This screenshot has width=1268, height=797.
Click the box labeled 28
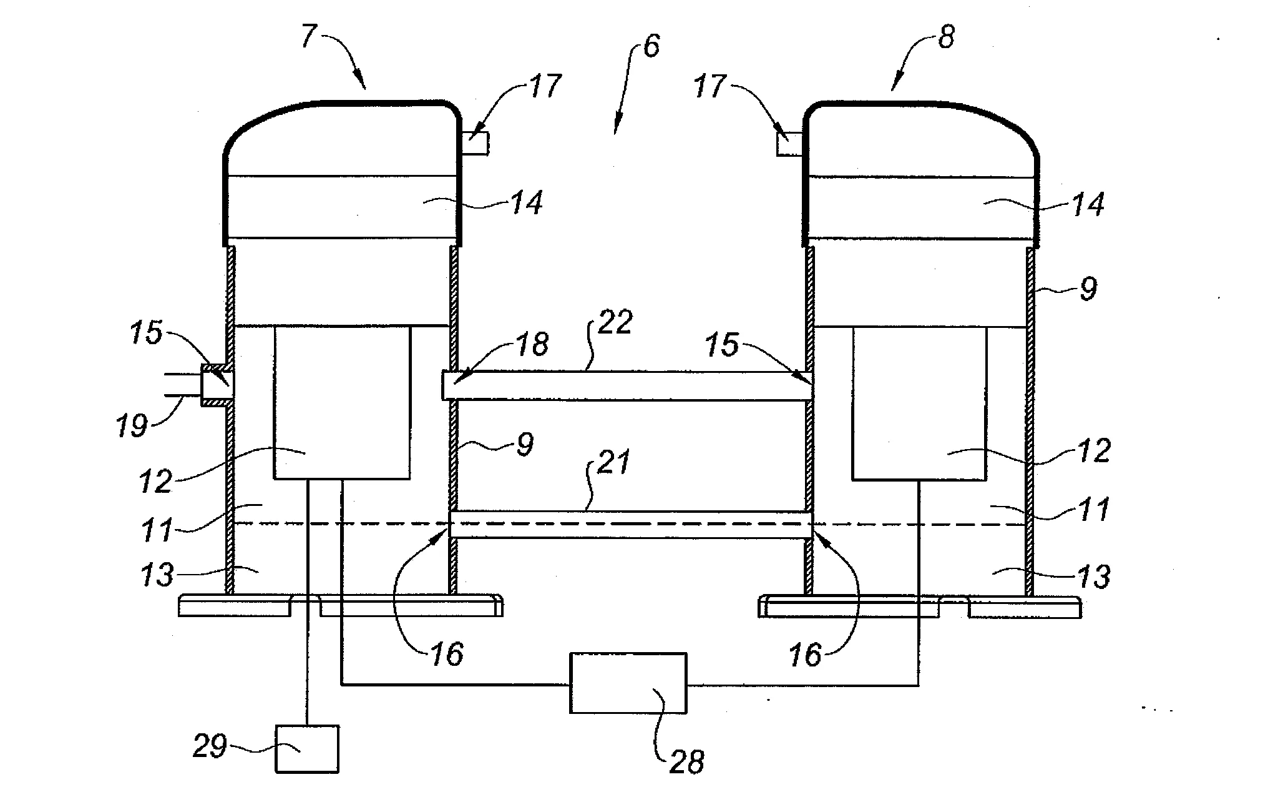(x=628, y=683)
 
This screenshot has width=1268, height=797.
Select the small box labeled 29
(x=307, y=749)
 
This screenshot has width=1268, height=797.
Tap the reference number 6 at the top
(x=651, y=47)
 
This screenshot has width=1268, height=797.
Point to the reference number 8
(x=946, y=37)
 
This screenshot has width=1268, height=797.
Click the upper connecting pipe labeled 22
(x=627, y=385)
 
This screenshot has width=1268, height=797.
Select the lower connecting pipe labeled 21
(x=630, y=524)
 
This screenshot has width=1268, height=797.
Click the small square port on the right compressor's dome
(x=789, y=144)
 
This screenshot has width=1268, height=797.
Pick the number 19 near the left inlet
(x=132, y=427)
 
